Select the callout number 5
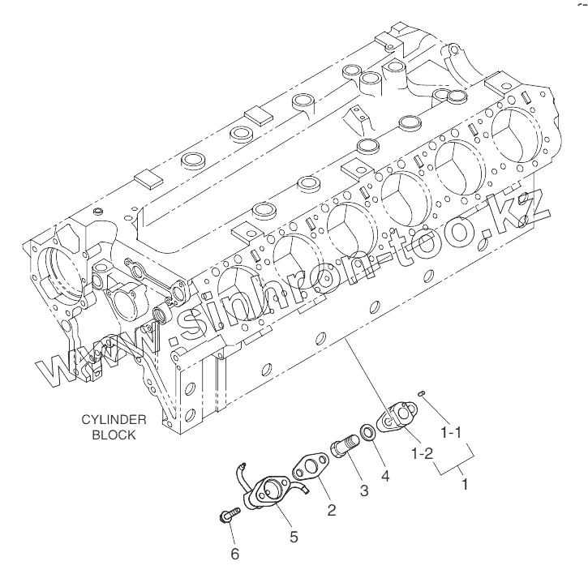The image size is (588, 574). [294, 535]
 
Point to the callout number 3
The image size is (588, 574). [364, 490]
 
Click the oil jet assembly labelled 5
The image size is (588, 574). [267, 492]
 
